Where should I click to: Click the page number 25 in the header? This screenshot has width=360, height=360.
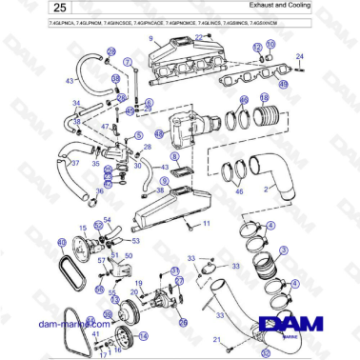coord(37,9)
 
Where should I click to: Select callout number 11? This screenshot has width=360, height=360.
coord(203,225)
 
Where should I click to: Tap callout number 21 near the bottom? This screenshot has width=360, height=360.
coord(217,338)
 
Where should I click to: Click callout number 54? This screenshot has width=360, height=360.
coord(107,221)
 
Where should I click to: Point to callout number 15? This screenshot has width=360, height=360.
coord(83,227)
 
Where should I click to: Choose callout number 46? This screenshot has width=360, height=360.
coord(240,190)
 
